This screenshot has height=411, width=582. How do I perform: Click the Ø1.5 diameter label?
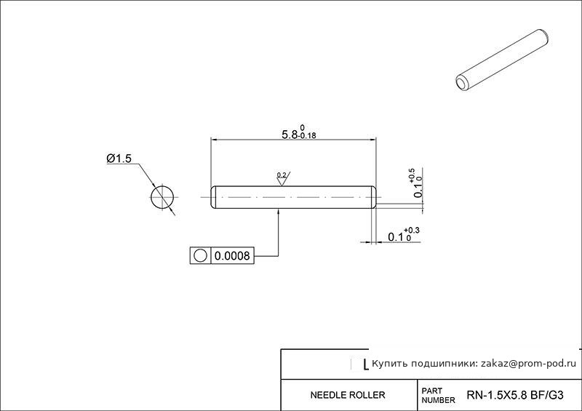pos(119,159)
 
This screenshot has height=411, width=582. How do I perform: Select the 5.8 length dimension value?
pos(290,135)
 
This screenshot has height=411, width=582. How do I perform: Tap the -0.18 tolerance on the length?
pos(307,136)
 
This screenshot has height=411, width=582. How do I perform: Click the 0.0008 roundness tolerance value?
pos(232,256)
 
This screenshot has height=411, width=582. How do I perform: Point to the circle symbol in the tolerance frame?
pos(200,256)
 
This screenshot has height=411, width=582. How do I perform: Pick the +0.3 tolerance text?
pos(412,231)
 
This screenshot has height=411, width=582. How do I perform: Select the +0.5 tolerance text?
pos(412,175)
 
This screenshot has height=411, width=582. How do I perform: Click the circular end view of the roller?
pos(162,197)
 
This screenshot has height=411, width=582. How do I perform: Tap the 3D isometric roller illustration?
pos(502,60)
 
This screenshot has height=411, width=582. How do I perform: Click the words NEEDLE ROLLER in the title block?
pos(348,395)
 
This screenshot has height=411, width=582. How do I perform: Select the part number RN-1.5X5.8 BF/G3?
pos(515,395)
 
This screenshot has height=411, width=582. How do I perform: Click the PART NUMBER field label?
pos(438,396)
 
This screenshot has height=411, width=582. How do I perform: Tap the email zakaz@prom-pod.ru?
pos(529,364)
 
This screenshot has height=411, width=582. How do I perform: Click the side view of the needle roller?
pos(294,197)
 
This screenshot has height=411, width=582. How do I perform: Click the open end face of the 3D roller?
pos(462,83)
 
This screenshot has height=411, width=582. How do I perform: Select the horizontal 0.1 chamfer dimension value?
pos(396,237)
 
